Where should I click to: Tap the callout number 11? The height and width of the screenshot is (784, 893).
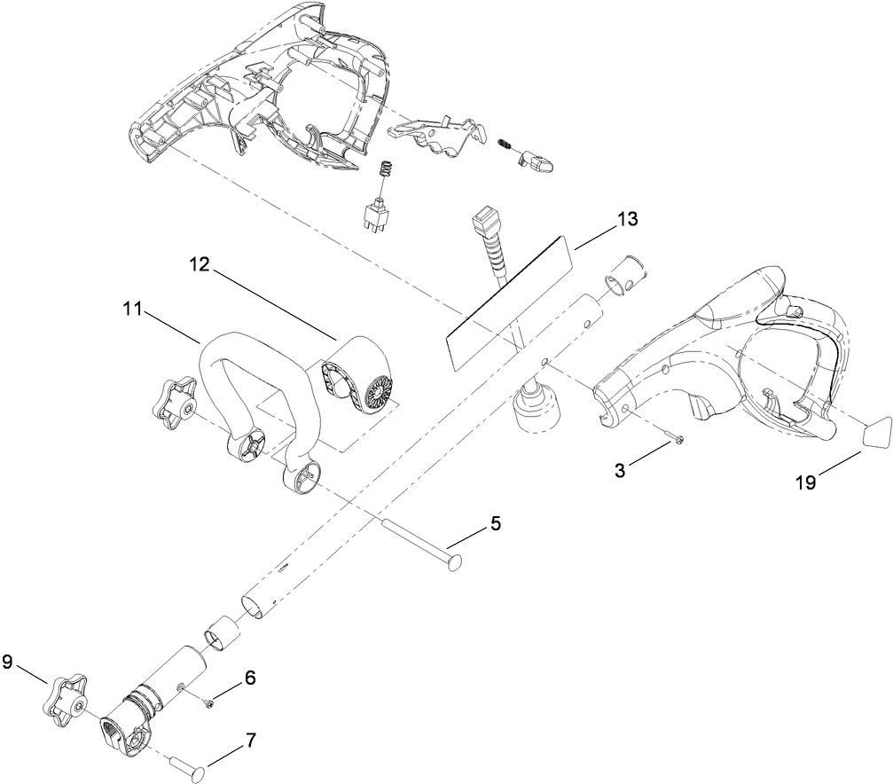(132, 309)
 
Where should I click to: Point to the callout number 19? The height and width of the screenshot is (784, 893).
(804, 483)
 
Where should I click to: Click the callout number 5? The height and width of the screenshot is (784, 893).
(495, 523)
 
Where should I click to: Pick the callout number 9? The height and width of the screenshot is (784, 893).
(8, 661)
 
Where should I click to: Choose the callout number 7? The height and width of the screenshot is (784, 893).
(250, 739)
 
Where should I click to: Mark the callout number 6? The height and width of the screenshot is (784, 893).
(250, 678)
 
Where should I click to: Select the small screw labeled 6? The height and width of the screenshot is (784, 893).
(209, 702)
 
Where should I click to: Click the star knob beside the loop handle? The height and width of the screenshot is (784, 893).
(175, 399)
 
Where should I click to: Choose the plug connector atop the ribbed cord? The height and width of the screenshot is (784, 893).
(484, 219)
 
